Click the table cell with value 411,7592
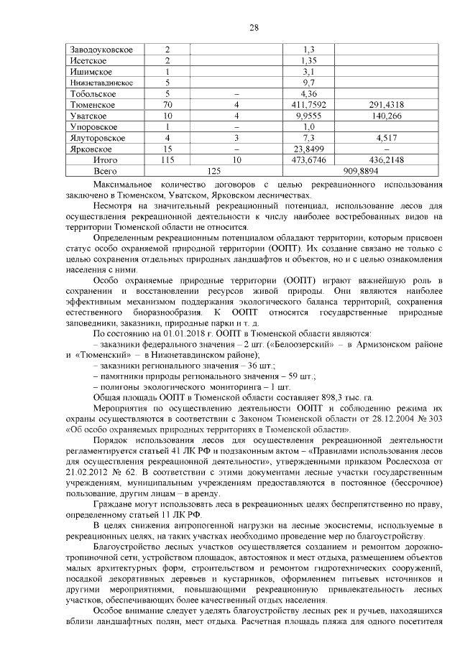pyautogui.click(x=310, y=105)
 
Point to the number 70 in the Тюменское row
pyautogui.click(x=167, y=105)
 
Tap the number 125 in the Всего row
pyautogui.click(x=213, y=172)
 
